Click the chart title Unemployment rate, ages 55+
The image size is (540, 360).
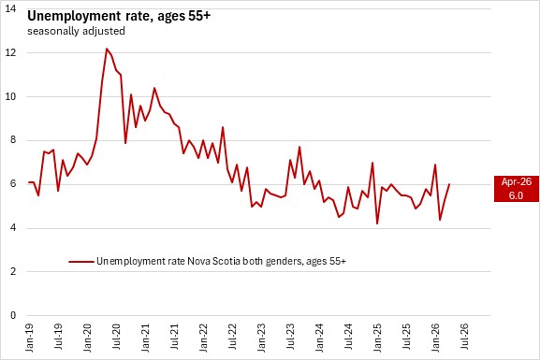(x=119, y=16)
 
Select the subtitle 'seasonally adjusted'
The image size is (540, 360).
(x=76, y=31)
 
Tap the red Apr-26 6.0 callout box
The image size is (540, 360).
(x=517, y=189)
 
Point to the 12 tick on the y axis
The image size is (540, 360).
(x=10, y=52)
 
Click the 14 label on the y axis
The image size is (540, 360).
(x=10, y=8)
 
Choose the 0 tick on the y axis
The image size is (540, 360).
(x=13, y=315)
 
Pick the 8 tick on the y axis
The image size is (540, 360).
(x=13, y=140)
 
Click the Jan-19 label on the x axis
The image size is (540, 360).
(x=30, y=338)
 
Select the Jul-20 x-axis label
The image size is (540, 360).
(x=116, y=337)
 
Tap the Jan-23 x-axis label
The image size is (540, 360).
(x=261, y=338)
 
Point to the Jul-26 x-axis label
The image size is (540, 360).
(x=464, y=337)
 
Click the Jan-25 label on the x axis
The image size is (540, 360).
(x=377, y=338)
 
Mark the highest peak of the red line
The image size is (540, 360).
(x=107, y=49)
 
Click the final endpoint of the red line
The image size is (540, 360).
(x=449, y=184)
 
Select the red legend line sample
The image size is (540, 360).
(x=81, y=262)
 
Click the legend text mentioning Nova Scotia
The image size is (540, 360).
(x=221, y=261)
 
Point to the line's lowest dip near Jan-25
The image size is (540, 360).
(x=377, y=223)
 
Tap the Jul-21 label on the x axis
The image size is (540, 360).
(x=174, y=337)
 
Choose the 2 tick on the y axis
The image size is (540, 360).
(x=13, y=271)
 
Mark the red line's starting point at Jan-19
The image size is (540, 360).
(x=29, y=182)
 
